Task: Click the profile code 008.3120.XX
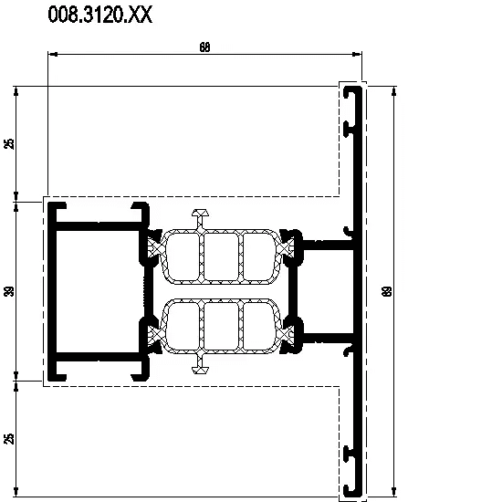(100, 15)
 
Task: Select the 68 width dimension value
(204, 47)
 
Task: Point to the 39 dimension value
(10, 291)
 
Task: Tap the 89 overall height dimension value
(387, 291)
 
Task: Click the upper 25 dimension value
(10, 143)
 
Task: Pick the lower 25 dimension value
(10, 439)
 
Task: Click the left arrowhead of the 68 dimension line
(53, 54)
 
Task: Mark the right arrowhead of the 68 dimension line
(357, 54)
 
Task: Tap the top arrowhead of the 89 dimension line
(393, 91)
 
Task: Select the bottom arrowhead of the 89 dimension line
(393, 492)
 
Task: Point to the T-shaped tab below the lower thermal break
(201, 363)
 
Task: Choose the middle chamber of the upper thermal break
(221, 256)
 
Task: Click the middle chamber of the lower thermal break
(221, 326)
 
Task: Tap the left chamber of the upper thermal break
(183, 256)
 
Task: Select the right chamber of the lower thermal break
(259, 326)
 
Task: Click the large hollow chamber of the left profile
(98, 291)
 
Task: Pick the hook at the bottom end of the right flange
(352, 491)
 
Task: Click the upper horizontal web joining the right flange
(328, 246)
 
